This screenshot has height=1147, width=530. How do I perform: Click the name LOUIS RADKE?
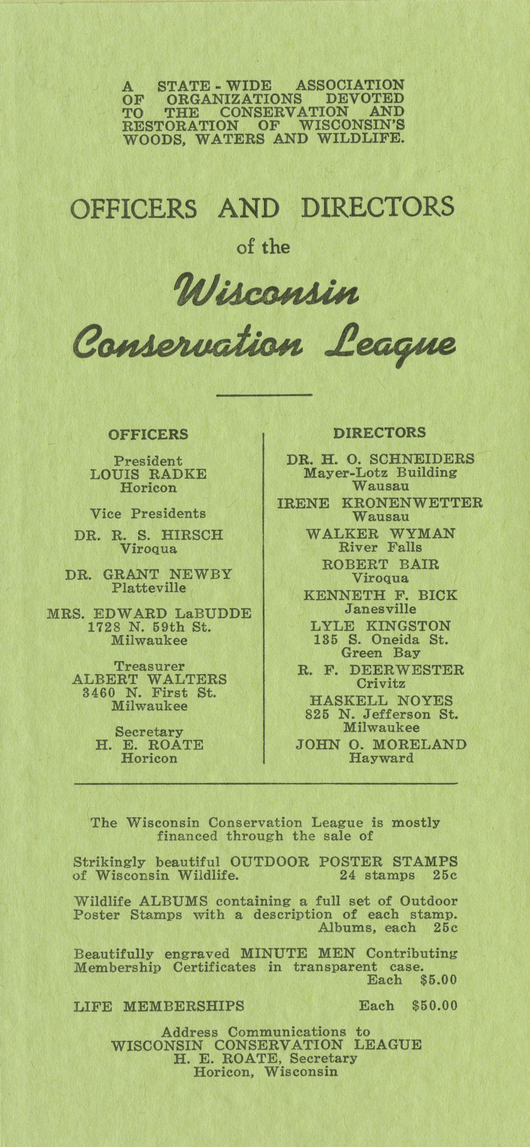point(148,474)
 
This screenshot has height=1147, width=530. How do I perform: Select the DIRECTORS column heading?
point(379,432)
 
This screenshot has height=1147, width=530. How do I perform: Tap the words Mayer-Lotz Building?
point(380,473)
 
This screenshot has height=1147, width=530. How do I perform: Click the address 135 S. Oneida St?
point(380,640)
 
